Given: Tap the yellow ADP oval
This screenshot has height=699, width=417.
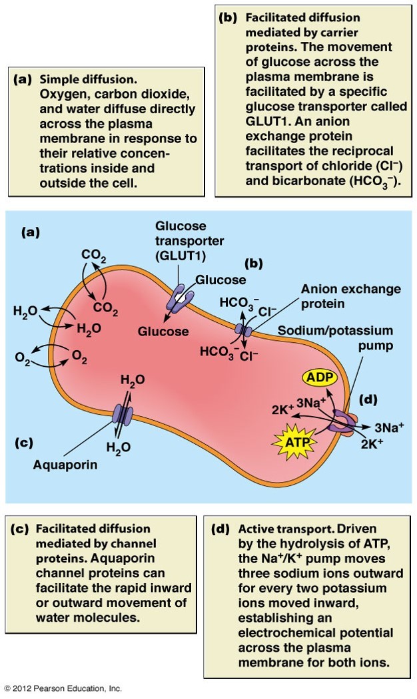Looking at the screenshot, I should tap(321, 378).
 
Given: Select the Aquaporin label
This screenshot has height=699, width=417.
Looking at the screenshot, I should tap(65, 465).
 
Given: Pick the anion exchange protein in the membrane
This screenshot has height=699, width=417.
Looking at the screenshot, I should tap(244, 329).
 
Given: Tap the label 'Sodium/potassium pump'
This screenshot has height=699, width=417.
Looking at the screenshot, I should tap(335, 338).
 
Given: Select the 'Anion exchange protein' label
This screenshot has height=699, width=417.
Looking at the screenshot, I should tap(350, 296).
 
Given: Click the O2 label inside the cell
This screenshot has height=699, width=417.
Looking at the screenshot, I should tap(79, 359).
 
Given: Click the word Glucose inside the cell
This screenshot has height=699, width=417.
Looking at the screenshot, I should tap(163, 331).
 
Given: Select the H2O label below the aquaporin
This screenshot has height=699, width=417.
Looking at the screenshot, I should tap(119, 447).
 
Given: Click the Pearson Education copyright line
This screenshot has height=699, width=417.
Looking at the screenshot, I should tap(63, 688).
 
